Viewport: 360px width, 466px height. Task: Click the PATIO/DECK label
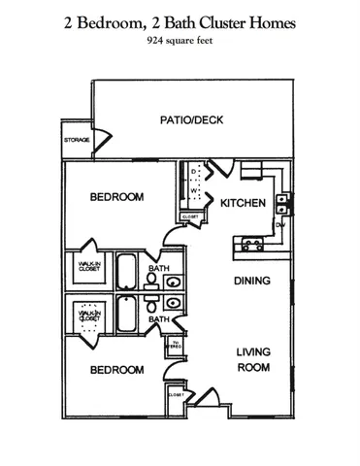point(193,120)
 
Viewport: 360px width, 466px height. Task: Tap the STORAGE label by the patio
point(78,141)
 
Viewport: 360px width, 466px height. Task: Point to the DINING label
point(250,281)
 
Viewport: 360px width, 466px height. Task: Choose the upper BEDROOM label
point(116,197)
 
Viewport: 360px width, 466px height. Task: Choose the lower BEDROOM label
point(116,370)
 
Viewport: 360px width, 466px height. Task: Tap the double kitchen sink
point(281,204)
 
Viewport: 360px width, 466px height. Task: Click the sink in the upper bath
point(172,283)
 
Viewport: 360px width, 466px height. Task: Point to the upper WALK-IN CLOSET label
point(90,266)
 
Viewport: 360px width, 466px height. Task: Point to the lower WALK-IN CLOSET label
point(90,314)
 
